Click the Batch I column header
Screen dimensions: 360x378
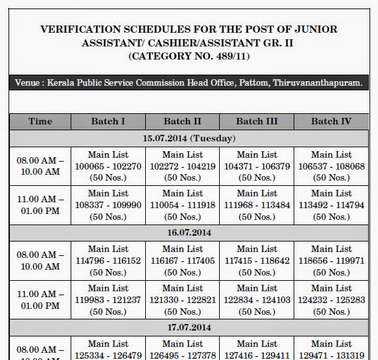click(108, 122)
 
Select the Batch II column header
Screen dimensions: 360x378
click(182, 122)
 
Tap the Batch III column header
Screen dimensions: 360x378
click(257, 122)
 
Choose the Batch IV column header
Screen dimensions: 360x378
click(331, 122)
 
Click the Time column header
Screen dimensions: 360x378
click(41, 122)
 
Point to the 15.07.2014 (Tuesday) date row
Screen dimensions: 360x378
click(189, 138)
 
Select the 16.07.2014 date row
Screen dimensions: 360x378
click(189, 232)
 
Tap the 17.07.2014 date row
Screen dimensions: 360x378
click(189, 327)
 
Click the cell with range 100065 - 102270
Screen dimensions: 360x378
click(108, 166)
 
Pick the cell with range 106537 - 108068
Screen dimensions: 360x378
click(331, 166)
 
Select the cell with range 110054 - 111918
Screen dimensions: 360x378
click(182, 204)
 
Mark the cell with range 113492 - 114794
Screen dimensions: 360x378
click(331, 204)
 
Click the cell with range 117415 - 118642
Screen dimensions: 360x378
click(257, 261)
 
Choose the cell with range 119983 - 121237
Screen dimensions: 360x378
click(108, 299)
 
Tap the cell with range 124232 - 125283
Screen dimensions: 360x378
click(331, 299)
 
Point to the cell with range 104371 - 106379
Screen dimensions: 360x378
click(257, 166)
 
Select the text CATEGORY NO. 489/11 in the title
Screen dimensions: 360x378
click(190, 57)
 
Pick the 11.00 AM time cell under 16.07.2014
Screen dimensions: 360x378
click(41, 298)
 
